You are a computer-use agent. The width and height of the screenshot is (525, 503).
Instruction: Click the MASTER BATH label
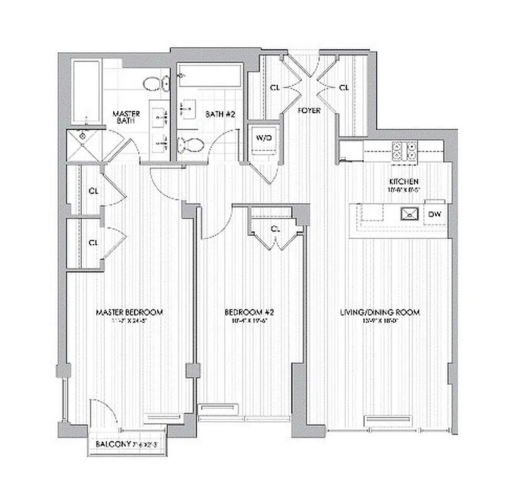[126, 118]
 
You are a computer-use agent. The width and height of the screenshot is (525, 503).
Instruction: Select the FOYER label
[309, 111]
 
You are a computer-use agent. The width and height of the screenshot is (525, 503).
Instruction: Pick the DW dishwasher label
[434, 214]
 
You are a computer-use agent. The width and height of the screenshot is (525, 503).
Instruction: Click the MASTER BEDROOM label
[130, 312]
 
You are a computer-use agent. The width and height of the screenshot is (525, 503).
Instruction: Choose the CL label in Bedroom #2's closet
[275, 229]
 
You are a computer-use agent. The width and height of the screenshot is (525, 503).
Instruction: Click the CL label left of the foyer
[274, 88]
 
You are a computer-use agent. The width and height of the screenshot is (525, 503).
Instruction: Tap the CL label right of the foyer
[343, 88]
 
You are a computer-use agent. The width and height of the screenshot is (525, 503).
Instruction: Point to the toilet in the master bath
[153, 84]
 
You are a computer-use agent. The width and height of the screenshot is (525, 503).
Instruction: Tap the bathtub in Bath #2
[210, 78]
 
